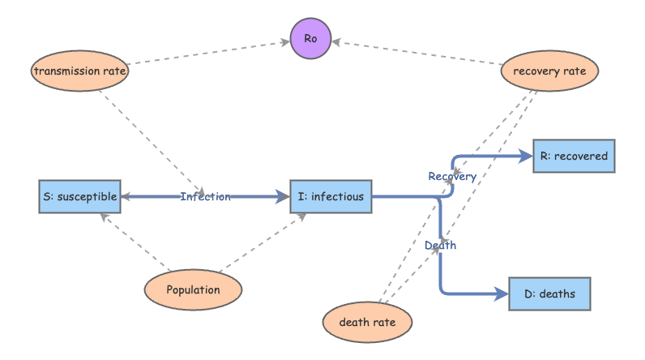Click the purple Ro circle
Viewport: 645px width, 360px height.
311,39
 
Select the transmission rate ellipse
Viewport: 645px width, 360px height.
81,71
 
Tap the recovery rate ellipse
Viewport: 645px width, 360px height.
549,71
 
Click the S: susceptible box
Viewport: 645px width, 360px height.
79,196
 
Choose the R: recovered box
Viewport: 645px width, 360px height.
573,156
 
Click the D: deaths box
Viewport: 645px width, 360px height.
549,294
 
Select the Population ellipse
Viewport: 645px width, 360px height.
193,289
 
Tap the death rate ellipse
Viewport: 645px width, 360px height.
367,322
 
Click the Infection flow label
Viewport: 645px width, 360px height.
205,196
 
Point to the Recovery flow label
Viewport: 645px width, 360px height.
452,176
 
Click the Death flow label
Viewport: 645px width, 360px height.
440,244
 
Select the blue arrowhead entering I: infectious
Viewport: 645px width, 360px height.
283,196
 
